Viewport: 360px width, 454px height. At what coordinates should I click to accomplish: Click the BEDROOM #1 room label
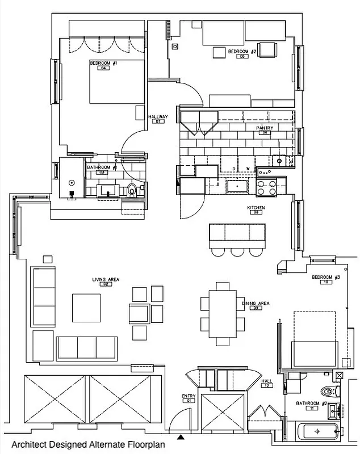(x=103, y=63)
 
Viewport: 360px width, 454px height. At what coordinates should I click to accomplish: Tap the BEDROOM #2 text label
(x=243, y=52)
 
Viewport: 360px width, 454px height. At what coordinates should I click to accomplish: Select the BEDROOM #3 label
(x=326, y=277)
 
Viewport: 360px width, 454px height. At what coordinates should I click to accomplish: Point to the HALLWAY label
(x=157, y=117)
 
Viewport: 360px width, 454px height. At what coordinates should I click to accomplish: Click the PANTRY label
(x=264, y=128)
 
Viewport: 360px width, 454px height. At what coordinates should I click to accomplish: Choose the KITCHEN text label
(x=256, y=208)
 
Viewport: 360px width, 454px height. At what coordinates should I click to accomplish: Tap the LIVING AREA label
(x=105, y=279)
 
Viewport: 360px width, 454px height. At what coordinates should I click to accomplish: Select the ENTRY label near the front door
(x=189, y=396)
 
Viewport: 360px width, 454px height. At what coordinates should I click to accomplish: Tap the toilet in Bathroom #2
(x=328, y=391)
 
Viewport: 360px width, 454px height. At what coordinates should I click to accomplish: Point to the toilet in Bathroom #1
(x=133, y=191)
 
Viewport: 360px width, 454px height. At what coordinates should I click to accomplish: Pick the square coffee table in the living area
(x=86, y=307)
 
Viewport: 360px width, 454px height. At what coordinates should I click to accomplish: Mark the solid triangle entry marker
(x=181, y=437)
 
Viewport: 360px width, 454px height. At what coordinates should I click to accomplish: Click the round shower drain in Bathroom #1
(x=72, y=183)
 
